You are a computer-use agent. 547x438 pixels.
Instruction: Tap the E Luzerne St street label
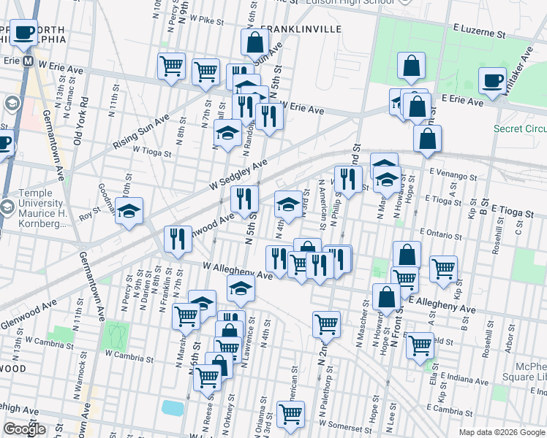479,34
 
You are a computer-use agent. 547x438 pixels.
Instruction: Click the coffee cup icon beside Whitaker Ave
492,80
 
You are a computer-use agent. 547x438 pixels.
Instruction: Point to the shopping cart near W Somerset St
291,414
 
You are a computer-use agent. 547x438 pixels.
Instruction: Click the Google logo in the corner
24,429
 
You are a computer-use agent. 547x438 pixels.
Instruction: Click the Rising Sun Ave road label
141,132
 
